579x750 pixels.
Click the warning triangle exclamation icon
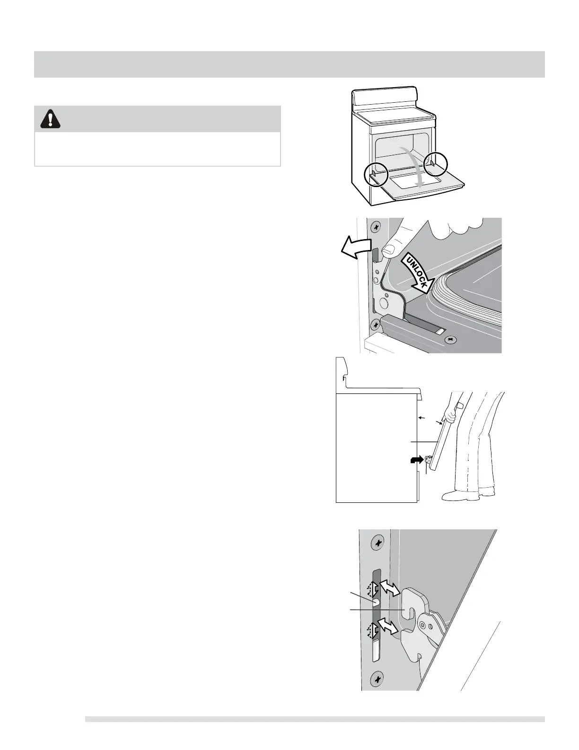pyautogui.click(x=51, y=119)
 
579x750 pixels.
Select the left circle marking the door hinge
pyautogui.click(x=376, y=176)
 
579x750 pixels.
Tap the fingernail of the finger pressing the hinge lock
pyautogui.click(x=389, y=247)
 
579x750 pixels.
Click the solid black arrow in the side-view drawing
pyautogui.click(x=415, y=460)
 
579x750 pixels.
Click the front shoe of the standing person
pyautogui.click(x=453, y=496)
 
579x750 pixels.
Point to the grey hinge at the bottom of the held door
pyautogui.click(x=429, y=458)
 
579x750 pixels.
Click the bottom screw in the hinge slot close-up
pyautogui.click(x=377, y=680)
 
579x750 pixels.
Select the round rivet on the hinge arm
pyautogui.click(x=429, y=625)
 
